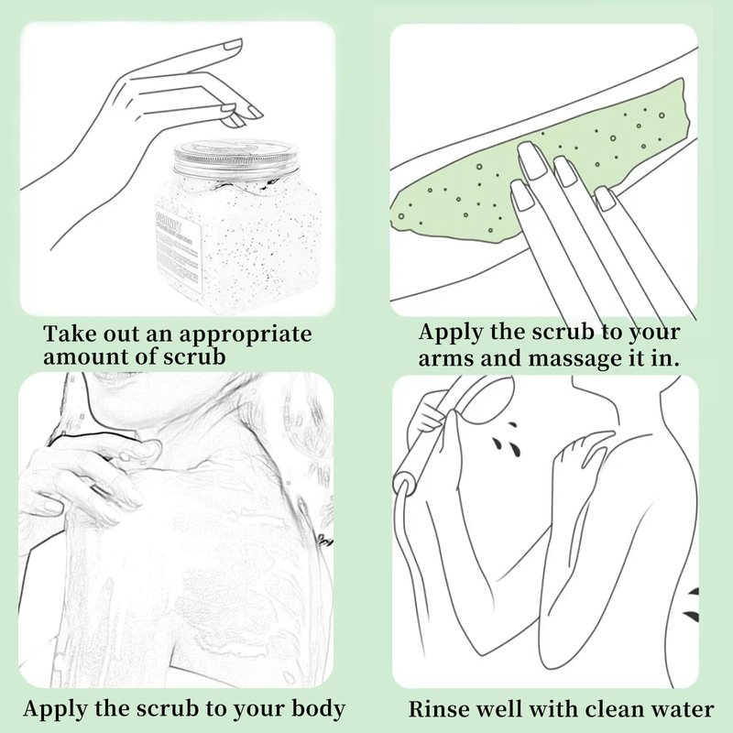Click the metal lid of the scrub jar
[x=235, y=158]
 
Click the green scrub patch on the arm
[x=538, y=164]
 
